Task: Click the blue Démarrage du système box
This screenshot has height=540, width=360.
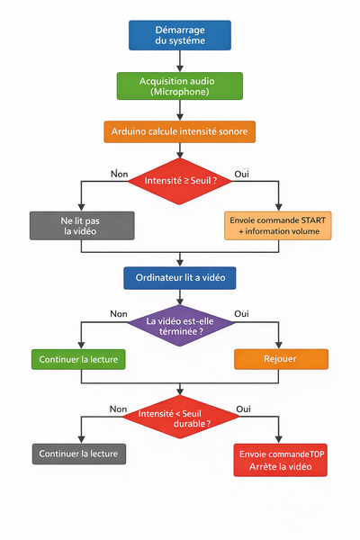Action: click(180, 35)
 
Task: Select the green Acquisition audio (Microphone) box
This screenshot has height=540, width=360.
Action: click(180, 85)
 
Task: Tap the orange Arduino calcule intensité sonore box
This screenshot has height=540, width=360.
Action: click(180, 131)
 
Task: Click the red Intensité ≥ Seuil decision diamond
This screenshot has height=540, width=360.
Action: click(180, 180)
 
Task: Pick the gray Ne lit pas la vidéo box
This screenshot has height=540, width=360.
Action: click(81, 225)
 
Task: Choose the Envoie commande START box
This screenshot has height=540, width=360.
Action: click(278, 225)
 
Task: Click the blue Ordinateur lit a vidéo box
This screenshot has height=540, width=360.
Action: click(180, 278)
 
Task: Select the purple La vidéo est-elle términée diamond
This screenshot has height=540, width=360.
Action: click(180, 325)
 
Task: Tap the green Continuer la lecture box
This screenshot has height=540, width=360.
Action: click(78, 359)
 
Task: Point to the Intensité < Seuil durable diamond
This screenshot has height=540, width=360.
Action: click(180, 416)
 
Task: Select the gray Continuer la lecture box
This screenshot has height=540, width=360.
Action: click(78, 453)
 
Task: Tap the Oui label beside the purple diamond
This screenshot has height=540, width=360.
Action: click(241, 314)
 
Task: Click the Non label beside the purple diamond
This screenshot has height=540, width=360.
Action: click(118, 314)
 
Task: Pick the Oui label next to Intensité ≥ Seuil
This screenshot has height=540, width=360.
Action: click(241, 172)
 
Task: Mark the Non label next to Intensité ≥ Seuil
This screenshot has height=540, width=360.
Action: click(118, 172)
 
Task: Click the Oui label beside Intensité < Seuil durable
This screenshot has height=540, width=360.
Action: click(243, 408)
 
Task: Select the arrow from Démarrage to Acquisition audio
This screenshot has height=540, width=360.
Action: click(180, 61)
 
